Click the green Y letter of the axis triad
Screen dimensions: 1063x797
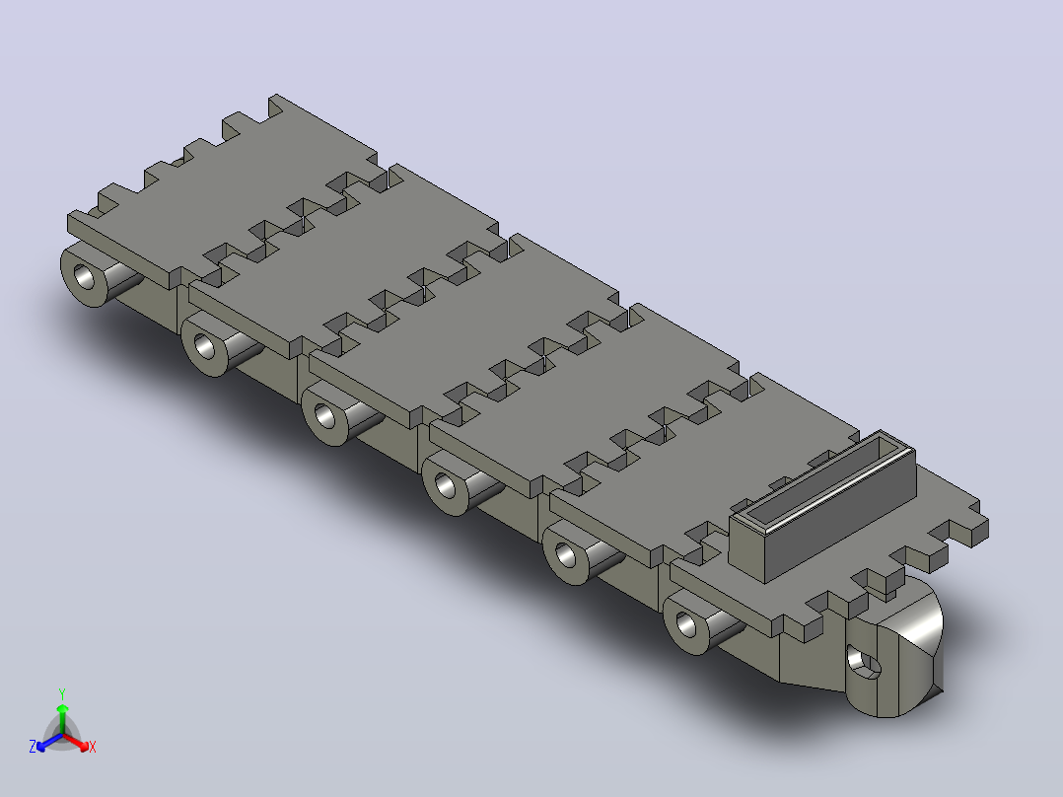point(62,693)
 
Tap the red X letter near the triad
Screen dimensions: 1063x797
point(93,747)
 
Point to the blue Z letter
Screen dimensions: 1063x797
point(33,746)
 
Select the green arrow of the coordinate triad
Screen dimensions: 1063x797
point(62,718)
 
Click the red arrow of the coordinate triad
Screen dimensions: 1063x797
point(76,742)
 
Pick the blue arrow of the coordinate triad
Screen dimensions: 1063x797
point(49,742)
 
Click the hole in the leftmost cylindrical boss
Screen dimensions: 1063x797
point(86,277)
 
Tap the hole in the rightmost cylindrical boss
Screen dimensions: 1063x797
point(686,624)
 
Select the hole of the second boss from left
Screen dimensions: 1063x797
point(205,346)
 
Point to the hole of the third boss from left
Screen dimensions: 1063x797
point(325,416)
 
